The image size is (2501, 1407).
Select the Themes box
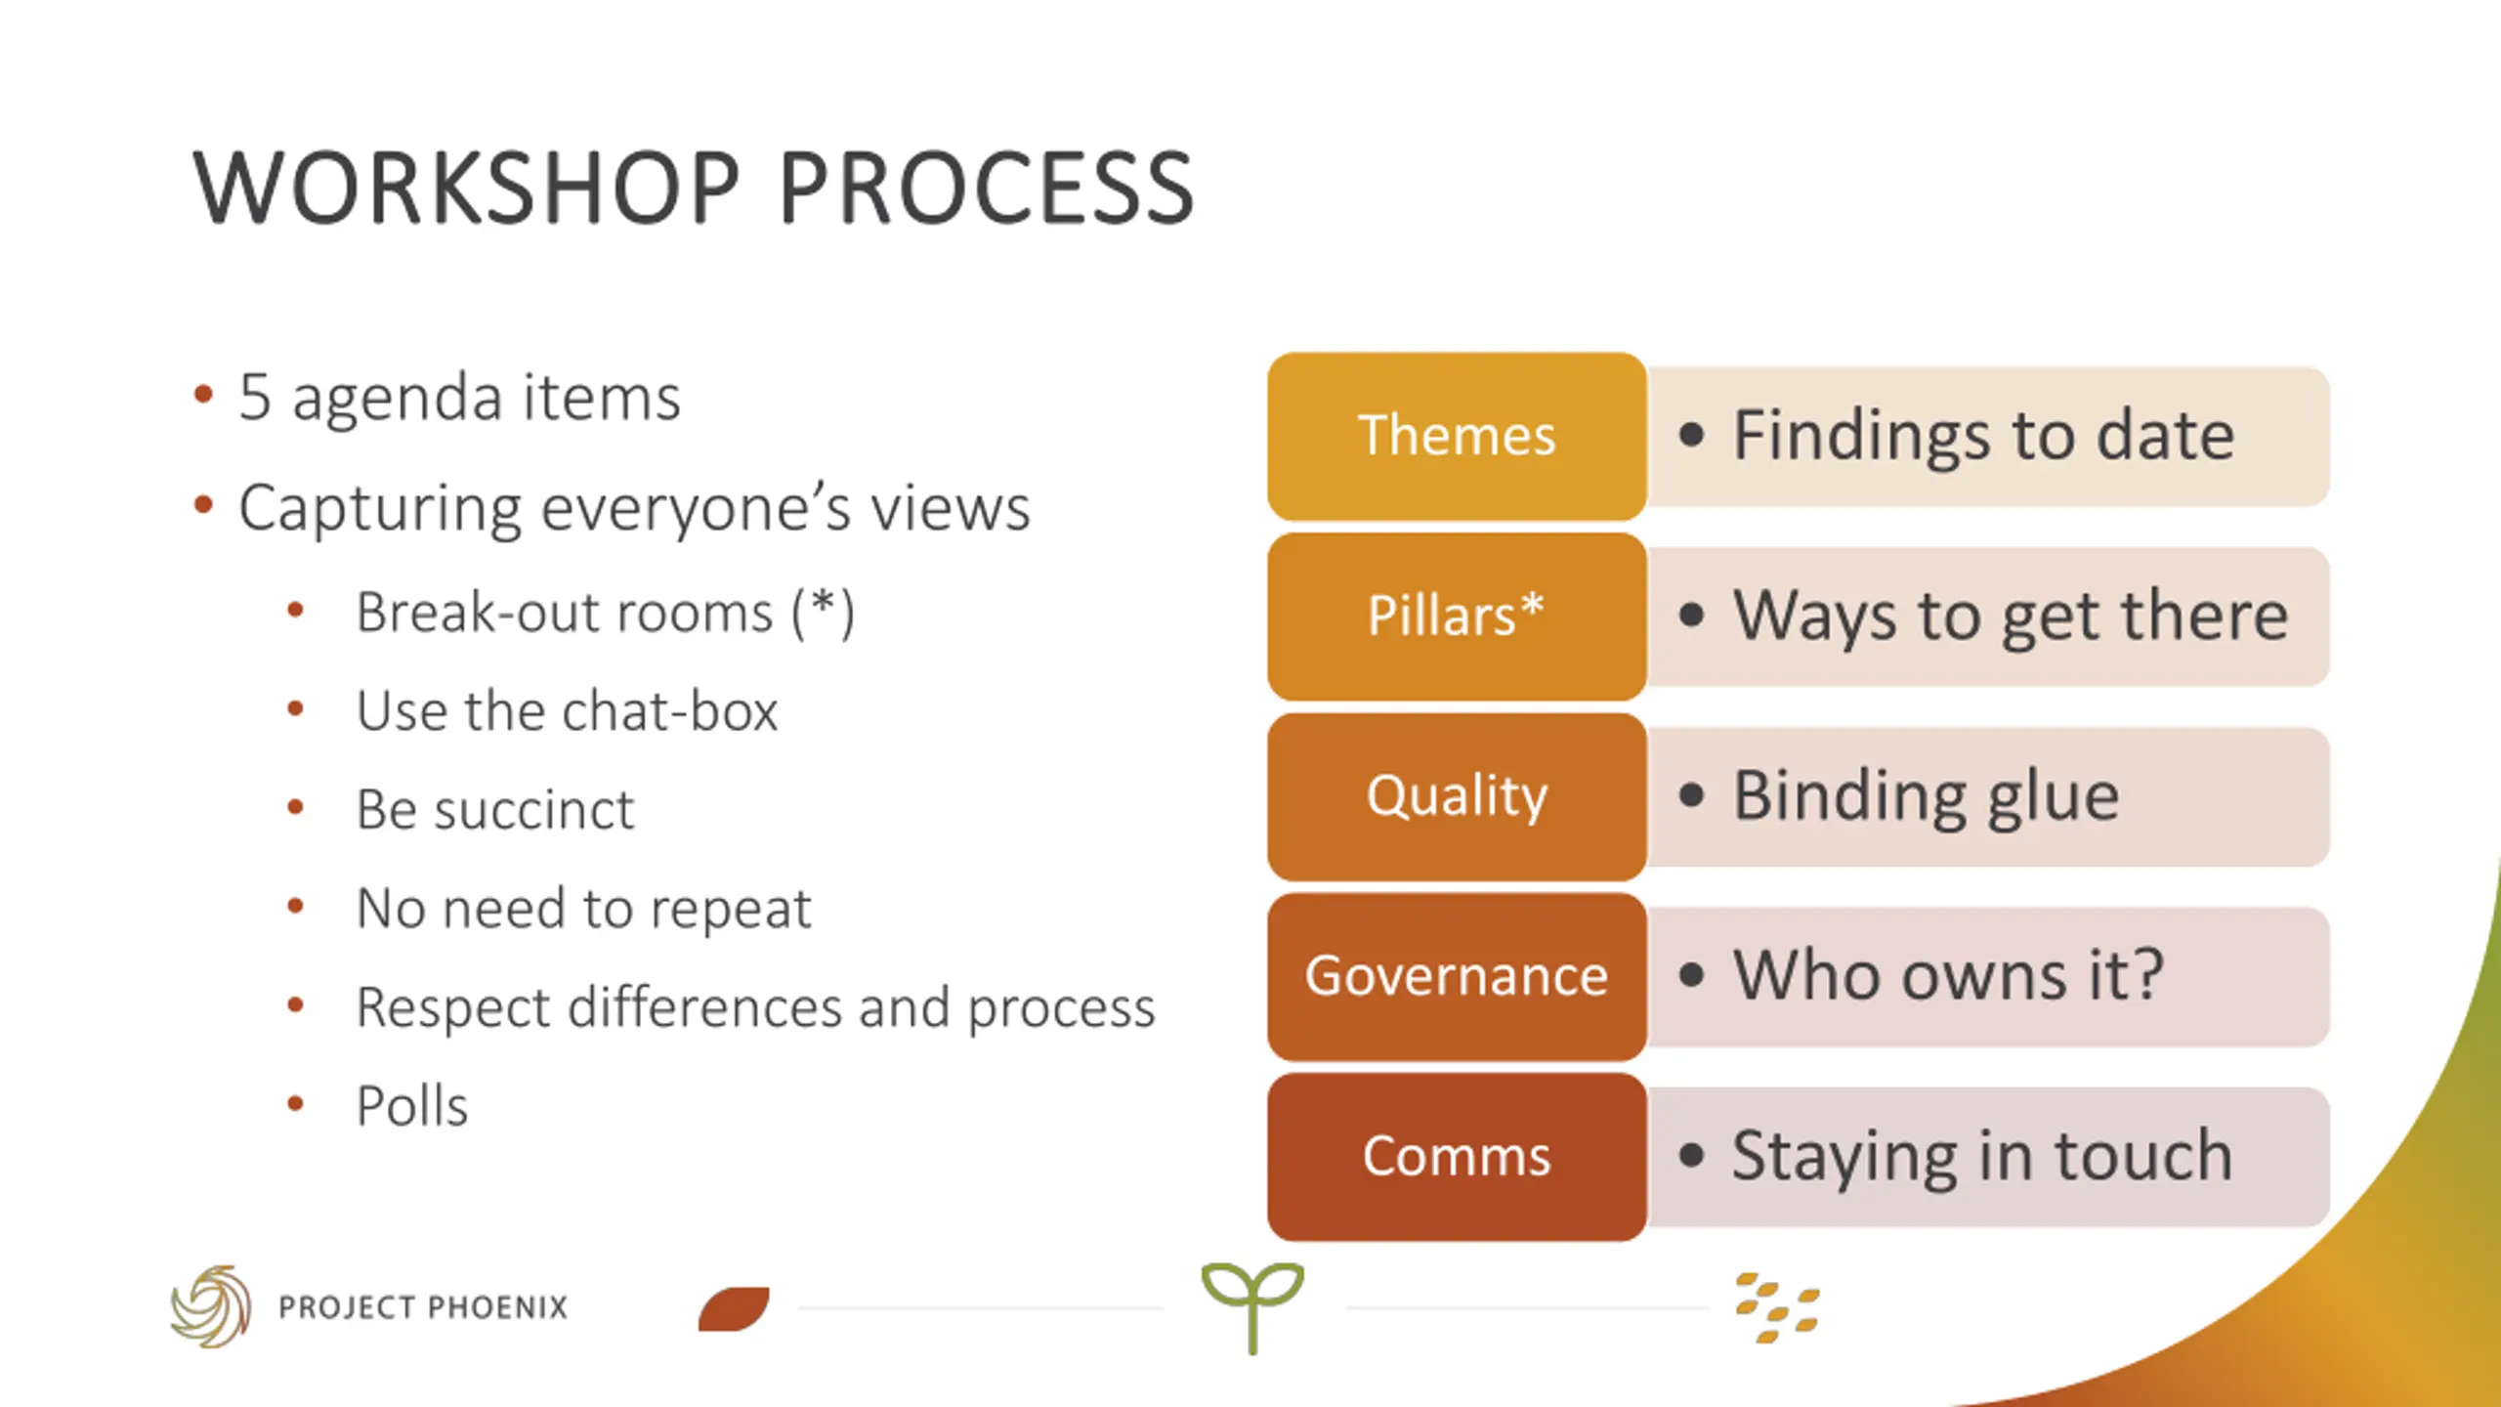tap(1456, 436)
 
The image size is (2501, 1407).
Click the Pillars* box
tap(1456, 616)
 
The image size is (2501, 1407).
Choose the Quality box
tap(1456, 796)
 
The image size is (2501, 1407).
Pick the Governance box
tap(1456, 976)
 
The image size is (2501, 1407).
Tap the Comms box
tap(1456, 1157)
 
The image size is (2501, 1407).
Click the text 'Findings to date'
tap(1983, 436)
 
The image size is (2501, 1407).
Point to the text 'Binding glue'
tap(1926, 796)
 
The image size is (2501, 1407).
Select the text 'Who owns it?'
tap(1948, 976)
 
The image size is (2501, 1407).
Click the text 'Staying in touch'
tap(1982, 1157)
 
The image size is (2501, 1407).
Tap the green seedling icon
tap(1252, 1304)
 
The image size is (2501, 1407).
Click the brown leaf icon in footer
tap(734, 1309)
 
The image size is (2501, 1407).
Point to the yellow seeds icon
tap(1777, 1308)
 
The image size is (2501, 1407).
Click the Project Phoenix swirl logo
tap(211, 1306)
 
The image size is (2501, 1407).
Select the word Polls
tap(412, 1106)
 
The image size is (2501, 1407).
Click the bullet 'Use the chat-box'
tap(567, 711)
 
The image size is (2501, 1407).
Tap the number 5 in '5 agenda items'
tap(255, 398)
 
